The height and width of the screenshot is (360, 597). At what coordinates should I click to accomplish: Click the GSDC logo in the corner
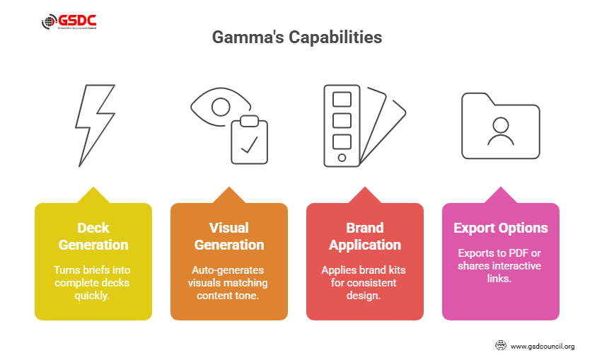[69, 22]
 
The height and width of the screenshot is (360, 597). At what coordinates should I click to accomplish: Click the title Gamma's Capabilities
[297, 37]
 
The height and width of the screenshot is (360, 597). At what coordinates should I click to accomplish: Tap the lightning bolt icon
[95, 125]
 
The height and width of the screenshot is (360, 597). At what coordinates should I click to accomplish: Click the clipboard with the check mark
[250, 139]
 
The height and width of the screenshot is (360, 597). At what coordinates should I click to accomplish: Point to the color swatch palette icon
[363, 126]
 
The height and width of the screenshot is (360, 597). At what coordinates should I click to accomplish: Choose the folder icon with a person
[500, 126]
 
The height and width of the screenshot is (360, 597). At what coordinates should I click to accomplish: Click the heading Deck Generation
[93, 236]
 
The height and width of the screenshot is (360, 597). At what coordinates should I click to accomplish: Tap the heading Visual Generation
[229, 236]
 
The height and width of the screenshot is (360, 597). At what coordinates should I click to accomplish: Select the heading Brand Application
[365, 236]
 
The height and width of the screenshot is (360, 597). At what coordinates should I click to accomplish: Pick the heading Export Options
[501, 228]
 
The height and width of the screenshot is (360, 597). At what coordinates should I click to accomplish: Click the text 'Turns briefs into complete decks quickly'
[93, 281]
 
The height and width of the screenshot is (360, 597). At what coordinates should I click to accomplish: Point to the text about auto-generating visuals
[229, 281]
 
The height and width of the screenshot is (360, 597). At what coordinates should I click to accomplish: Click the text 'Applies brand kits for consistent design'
[365, 281]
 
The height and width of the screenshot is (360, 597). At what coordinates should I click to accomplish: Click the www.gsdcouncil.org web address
[542, 346]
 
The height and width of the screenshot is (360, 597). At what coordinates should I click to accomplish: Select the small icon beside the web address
[500, 346]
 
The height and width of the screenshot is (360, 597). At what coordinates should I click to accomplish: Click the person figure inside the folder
[500, 130]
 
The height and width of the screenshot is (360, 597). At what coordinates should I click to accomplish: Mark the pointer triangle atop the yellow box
[93, 195]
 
